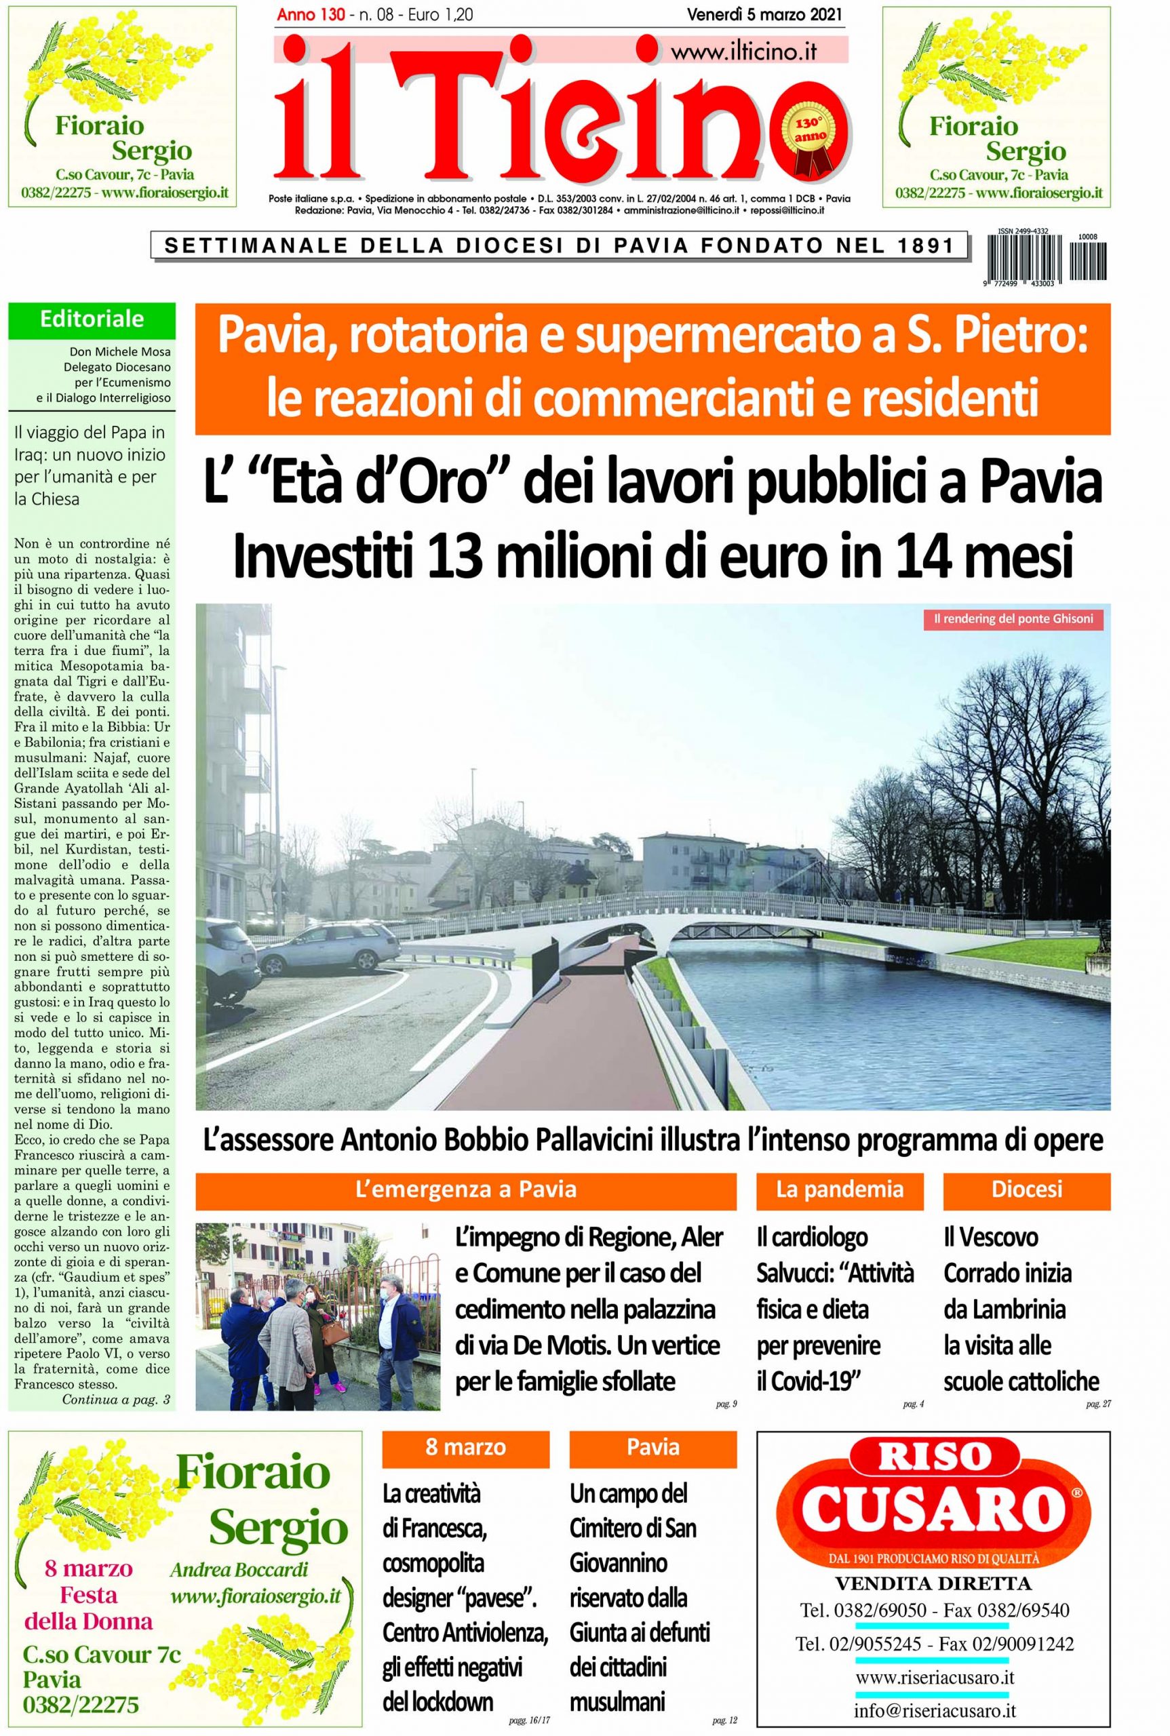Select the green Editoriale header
coord(92,320)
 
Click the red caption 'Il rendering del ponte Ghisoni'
coord(1013,619)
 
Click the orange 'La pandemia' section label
coord(840,1189)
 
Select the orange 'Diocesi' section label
coord(1026,1189)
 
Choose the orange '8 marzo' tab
coord(465,1446)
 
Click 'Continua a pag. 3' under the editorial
coord(117,1400)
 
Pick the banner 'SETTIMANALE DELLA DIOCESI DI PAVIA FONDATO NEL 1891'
coord(560,246)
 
